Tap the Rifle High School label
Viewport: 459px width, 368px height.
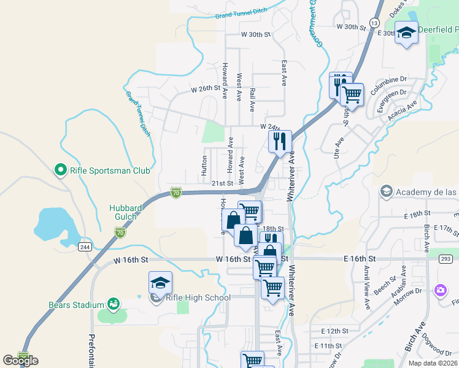[x=198, y=298]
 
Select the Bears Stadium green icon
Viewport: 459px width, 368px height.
[x=113, y=304]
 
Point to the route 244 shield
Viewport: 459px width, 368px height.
[x=85, y=247]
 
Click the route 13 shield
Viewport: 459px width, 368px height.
[x=373, y=23]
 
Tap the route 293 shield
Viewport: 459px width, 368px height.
[x=445, y=259]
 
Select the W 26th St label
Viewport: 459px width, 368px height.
[x=205, y=88]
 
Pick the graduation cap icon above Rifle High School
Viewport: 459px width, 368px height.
[x=160, y=283]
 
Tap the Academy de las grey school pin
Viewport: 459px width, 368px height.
[x=386, y=192]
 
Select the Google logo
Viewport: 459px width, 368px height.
[x=21, y=360]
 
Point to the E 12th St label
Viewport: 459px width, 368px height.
[x=334, y=331]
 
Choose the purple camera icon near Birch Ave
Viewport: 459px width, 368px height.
[x=440, y=289]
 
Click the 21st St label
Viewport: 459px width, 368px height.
[x=223, y=183]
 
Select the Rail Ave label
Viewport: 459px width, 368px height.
[x=252, y=99]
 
